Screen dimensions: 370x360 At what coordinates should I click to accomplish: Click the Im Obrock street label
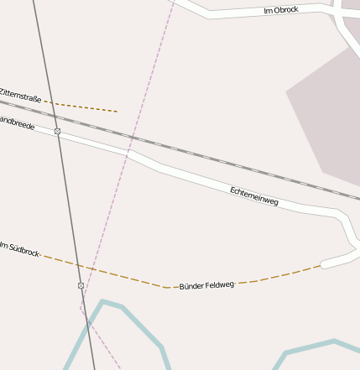pyautogui.click(x=280, y=10)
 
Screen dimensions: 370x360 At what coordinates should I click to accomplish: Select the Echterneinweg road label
pyautogui.click(x=253, y=196)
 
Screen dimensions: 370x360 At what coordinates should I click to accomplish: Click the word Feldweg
pyautogui.click(x=220, y=285)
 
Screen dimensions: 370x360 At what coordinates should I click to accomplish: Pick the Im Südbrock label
pyautogui.click(x=19, y=248)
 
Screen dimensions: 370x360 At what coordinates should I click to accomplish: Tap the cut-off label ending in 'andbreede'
pyautogui.click(x=17, y=122)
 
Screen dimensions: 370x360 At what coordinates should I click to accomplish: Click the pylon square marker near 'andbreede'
pyautogui.click(x=57, y=132)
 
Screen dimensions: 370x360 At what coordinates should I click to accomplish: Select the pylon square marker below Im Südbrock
pyautogui.click(x=81, y=286)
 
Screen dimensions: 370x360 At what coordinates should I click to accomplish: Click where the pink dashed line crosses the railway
pyautogui.click(x=133, y=137)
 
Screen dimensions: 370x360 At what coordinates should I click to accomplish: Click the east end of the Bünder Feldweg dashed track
pyautogui.click(x=320, y=267)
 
